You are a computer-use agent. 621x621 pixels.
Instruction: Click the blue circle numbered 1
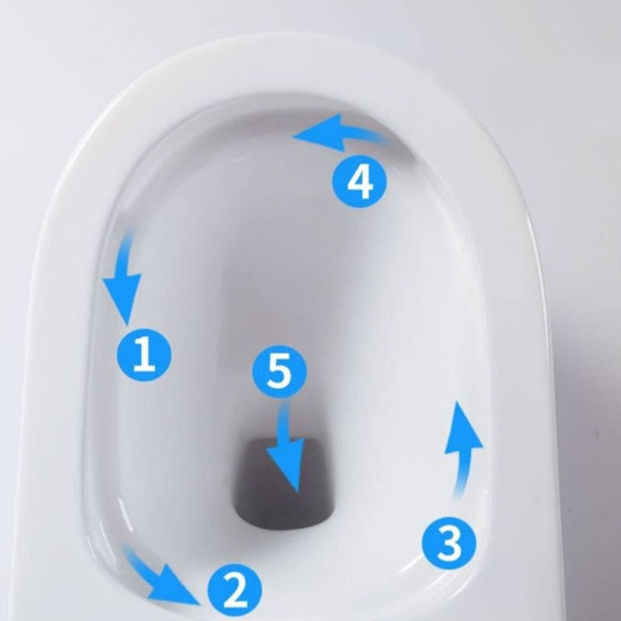144,356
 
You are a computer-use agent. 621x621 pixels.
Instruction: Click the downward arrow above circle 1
125,276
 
